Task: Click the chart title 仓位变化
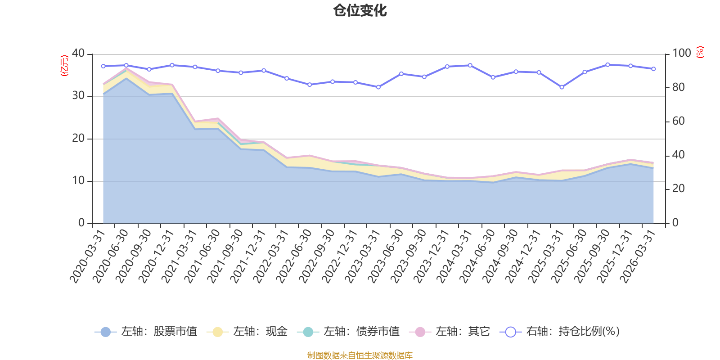point(360,10)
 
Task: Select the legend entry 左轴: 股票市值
point(146,332)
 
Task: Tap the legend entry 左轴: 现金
point(247,332)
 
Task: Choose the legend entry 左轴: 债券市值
point(348,332)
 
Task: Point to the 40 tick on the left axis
point(78,54)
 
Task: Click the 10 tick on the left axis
point(78,181)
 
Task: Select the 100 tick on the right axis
point(681,54)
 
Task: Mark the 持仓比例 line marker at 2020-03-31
point(103,66)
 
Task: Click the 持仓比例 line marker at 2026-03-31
point(653,69)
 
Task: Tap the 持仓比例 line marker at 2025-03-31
point(562,87)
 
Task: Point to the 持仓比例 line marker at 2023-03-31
point(378,87)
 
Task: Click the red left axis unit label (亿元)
point(65,66)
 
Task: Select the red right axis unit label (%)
point(700,53)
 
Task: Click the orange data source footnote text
point(360,355)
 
